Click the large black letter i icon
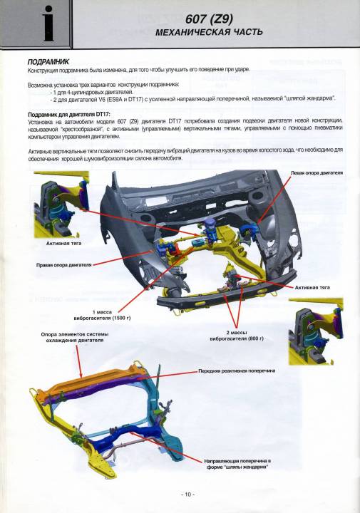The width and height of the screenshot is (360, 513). tap(48, 24)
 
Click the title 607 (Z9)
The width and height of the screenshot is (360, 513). tap(209, 19)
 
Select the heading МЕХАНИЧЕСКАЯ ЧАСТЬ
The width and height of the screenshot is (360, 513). tap(209, 32)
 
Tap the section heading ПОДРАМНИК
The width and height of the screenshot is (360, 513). tap(48, 62)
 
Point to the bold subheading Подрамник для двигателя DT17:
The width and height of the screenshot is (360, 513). tap(69, 115)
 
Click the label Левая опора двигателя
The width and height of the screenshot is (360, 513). tap(317, 172)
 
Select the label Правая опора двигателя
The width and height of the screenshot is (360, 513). tap(64, 264)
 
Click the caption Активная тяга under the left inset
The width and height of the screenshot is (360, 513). tap(64, 244)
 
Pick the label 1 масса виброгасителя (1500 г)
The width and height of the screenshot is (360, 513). tap(102, 315)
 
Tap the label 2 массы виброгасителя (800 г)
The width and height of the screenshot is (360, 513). tap(237, 336)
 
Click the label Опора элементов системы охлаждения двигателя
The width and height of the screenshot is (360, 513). tap(75, 337)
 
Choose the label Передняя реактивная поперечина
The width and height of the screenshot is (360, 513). tap(237, 371)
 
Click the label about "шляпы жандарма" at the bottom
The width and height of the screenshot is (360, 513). tap(237, 465)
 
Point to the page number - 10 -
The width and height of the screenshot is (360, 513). tap(188, 494)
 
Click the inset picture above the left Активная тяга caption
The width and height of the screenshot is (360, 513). tap(61, 204)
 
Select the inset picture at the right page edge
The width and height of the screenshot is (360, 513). tap(316, 331)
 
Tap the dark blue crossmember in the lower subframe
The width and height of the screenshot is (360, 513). tap(124, 436)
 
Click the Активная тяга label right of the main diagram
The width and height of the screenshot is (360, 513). tap(312, 288)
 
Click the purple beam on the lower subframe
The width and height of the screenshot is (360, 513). tap(95, 388)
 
